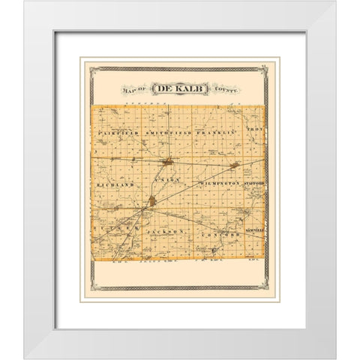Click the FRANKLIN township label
pos(217,131)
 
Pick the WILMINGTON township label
pos(219,182)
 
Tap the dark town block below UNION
pos(154,200)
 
